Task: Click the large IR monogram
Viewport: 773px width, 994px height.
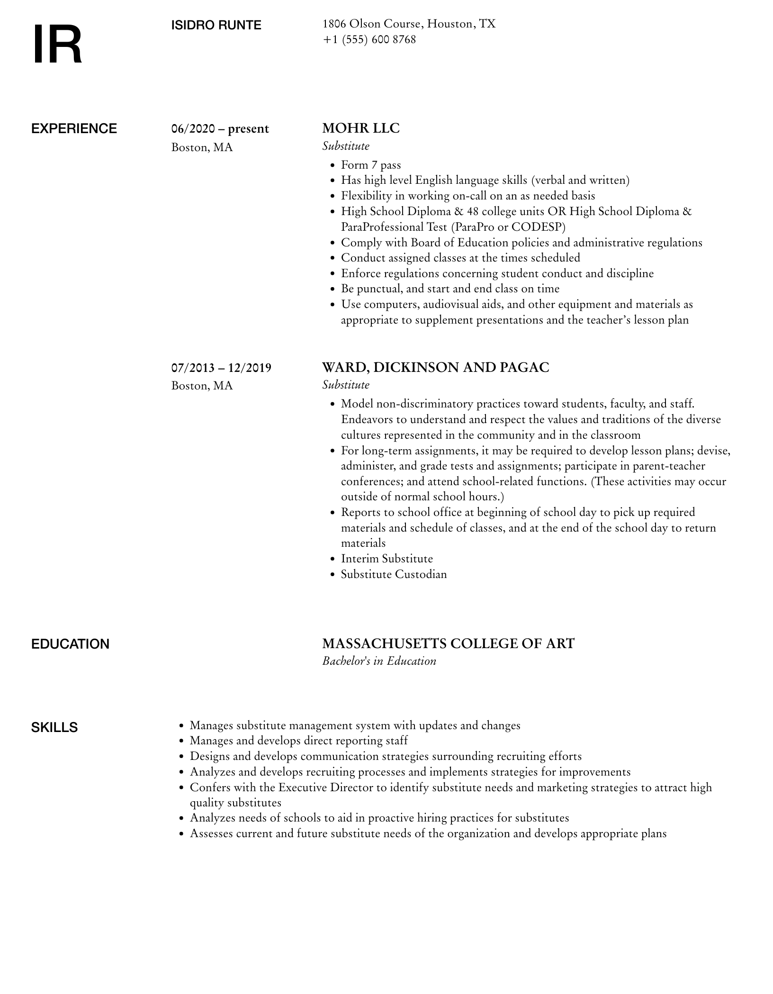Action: tap(57, 45)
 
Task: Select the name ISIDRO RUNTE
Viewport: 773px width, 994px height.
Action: tap(216, 25)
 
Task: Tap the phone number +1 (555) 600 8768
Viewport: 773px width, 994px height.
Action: tap(369, 40)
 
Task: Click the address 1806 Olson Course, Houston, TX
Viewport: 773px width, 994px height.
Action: tap(409, 24)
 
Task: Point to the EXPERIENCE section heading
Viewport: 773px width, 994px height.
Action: tap(74, 129)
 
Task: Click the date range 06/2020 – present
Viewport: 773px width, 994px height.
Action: tap(220, 129)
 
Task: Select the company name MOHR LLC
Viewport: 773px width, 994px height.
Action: tap(360, 128)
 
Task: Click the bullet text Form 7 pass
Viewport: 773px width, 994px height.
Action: tap(371, 165)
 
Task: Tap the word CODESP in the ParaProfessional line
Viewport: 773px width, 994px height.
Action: tap(537, 227)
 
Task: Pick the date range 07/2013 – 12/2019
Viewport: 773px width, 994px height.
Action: tap(221, 368)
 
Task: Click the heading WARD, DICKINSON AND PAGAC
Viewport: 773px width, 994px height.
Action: tap(435, 368)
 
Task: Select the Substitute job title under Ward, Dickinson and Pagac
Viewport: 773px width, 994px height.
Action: tap(346, 385)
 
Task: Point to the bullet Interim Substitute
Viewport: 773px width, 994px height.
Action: tap(386, 559)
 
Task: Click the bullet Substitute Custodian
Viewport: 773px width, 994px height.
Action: tap(394, 574)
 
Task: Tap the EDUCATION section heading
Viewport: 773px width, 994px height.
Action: tap(70, 644)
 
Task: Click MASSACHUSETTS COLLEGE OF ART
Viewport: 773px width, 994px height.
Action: tap(448, 643)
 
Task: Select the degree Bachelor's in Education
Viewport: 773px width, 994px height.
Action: tap(379, 661)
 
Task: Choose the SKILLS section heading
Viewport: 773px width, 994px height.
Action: tap(54, 728)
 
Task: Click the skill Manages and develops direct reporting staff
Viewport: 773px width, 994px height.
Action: tap(298, 741)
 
